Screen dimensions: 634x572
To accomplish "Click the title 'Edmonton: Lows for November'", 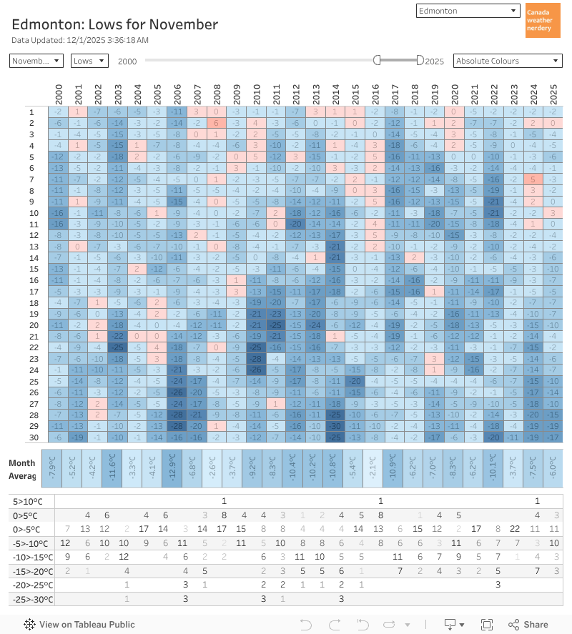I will [x=114, y=24].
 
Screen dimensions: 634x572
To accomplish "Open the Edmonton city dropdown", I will [x=468, y=11].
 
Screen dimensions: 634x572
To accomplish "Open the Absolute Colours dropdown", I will [x=508, y=61].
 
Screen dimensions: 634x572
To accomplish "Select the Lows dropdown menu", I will [x=89, y=61].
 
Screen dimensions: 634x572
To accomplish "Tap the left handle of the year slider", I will [x=377, y=61].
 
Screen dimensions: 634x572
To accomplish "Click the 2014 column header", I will [x=335, y=93].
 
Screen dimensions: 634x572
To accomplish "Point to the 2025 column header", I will [x=553, y=93].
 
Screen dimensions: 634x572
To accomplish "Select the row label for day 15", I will [x=31, y=268].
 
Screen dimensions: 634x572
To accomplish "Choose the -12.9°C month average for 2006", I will [x=177, y=468].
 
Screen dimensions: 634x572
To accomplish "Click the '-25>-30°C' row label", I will [x=29, y=598].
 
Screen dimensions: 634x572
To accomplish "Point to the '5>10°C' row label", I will [x=26, y=501].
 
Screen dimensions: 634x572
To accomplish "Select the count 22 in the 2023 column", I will [x=513, y=529].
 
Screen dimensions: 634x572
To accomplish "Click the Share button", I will [x=528, y=624].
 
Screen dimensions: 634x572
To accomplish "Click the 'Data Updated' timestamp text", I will [x=80, y=40].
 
